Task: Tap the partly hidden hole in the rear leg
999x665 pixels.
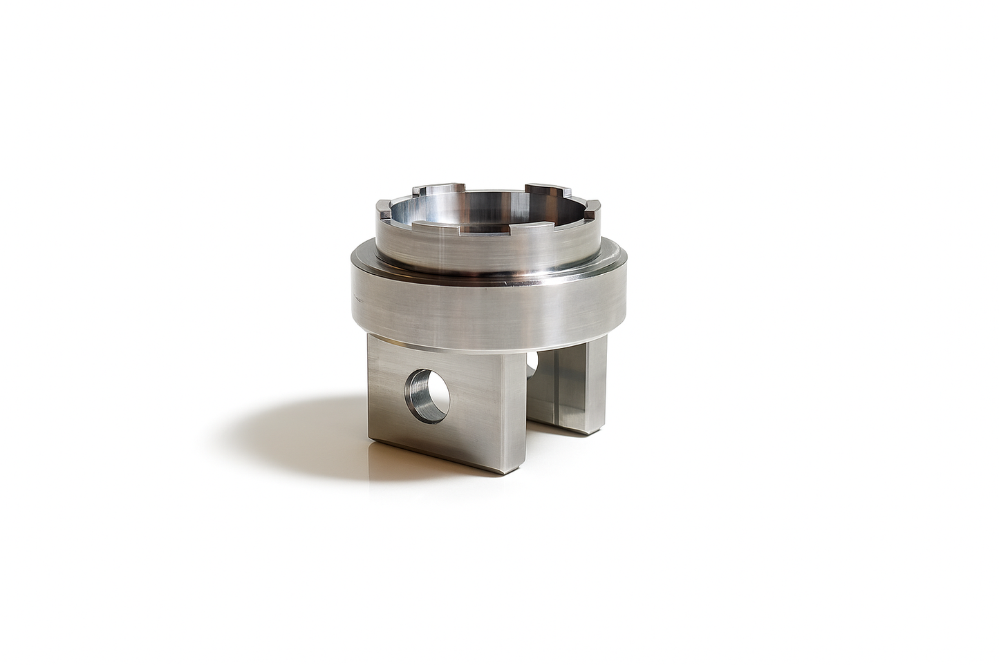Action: point(532,362)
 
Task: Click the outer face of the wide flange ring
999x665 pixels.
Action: point(484,311)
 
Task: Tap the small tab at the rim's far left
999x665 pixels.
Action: point(383,206)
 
